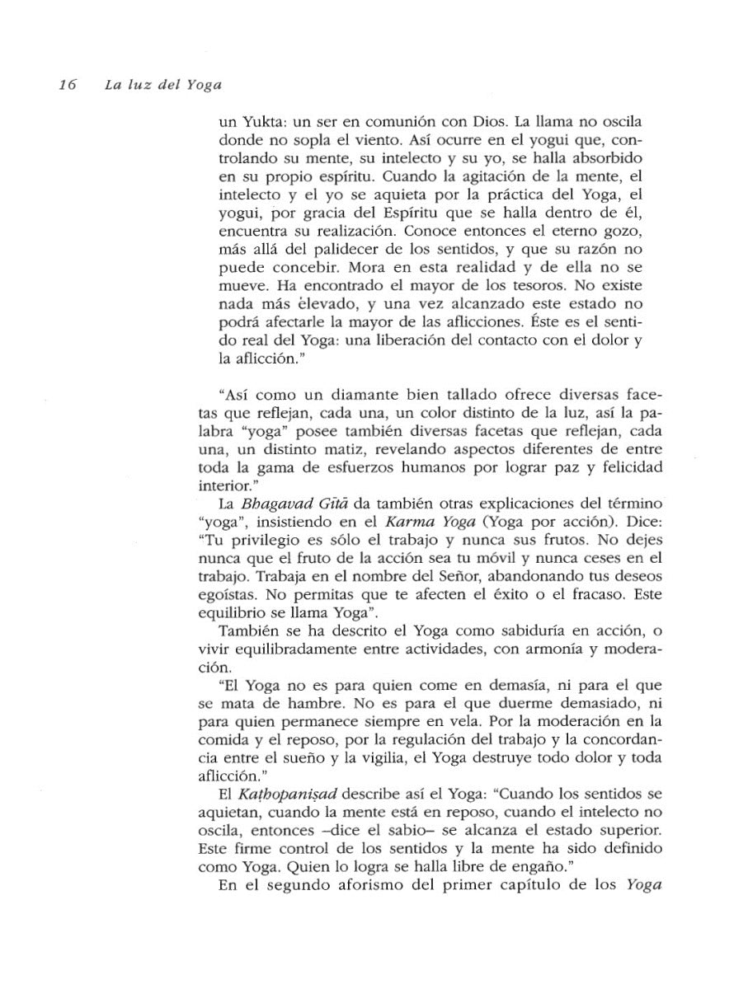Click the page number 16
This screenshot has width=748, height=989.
pos(67,85)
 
